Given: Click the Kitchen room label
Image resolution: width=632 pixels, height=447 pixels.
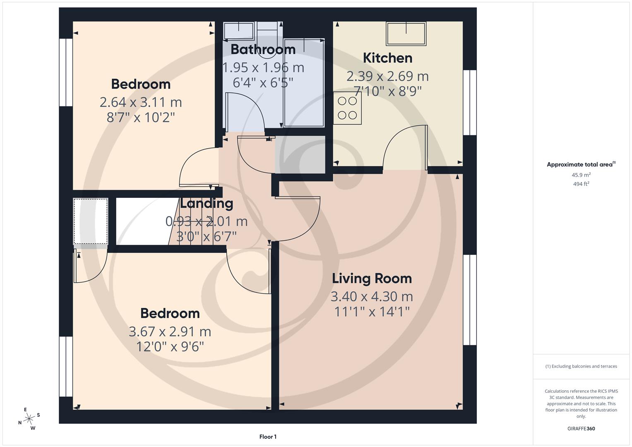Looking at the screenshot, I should click(x=387, y=58).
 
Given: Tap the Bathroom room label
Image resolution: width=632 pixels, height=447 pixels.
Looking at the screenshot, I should click(x=263, y=50).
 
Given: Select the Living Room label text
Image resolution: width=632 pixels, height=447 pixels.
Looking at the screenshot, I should click(x=372, y=279).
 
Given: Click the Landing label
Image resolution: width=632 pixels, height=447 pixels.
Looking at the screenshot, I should click(x=207, y=204).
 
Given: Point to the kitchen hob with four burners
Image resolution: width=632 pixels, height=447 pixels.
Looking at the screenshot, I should click(x=347, y=108).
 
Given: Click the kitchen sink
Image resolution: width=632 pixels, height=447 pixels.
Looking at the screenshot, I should click(x=406, y=33).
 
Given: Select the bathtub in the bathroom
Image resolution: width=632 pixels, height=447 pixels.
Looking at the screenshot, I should click(x=304, y=83).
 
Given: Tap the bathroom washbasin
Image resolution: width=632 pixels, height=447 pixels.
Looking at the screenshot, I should click(x=239, y=31).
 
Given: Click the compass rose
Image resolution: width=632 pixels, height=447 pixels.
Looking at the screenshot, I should click(x=29, y=419).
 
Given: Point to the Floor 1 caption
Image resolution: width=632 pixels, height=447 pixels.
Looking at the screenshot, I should click(x=268, y=437).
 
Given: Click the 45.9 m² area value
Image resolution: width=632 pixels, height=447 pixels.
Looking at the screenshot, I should click(x=581, y=175).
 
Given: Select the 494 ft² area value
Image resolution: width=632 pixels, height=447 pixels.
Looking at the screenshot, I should click(x=581, y=184).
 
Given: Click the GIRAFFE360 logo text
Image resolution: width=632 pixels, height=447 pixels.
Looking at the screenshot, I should click(x=581, y=428).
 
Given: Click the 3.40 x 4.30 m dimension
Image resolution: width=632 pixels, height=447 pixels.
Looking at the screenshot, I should click(x=372, y=297).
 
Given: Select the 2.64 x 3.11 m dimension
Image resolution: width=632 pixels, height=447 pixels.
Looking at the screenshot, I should click(x=141, y=102).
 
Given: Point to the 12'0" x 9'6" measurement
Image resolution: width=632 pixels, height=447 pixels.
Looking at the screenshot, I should click(x=170, y=346).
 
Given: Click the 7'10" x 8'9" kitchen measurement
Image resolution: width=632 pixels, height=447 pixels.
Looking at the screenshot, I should click(x=387, y=91).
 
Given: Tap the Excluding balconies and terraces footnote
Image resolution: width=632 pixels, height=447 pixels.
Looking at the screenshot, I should click(x=581, y=366).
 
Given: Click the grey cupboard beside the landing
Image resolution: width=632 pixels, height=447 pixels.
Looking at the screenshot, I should click(x=300, y=154).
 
